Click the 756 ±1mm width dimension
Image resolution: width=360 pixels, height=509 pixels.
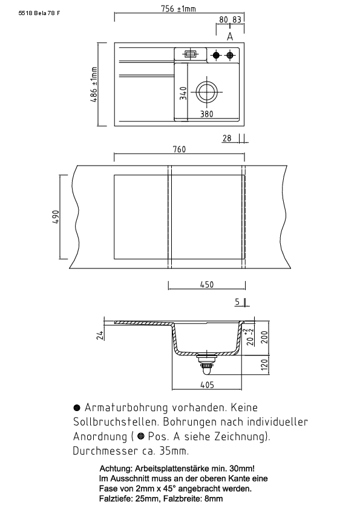click(x=178, y=8)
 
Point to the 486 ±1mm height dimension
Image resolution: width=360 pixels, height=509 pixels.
click(x=94, y=85)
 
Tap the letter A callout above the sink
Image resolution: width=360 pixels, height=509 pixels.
click(x=230, y=37)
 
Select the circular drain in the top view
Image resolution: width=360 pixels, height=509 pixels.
click(x=207, y=91)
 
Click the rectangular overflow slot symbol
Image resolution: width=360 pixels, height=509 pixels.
click(x=190, y=54)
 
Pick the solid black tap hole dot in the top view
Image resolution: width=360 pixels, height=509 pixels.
click(x=216, y=55)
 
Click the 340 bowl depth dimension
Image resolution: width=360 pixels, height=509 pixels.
click(x=183, y=93)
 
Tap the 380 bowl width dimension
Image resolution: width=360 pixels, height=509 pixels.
click(x=207, y=114)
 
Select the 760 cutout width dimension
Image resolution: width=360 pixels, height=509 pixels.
click(x=179, y=149)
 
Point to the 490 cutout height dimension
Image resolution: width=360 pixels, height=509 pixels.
click(x=56, y=217)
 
